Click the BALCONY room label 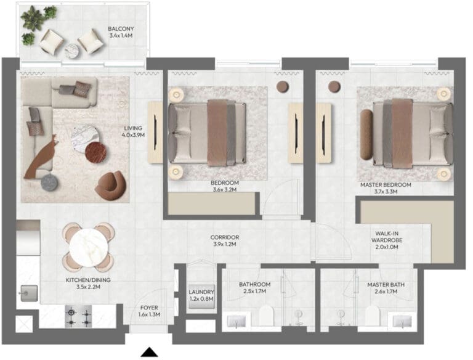(121, 29)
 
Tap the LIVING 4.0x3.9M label (133, 132)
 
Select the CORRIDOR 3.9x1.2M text (225, 240)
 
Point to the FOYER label (149, 308)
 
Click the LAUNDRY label (201, 292)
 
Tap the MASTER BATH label (386, 285)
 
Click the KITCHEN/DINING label (88, 280)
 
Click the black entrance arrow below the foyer (149, 353)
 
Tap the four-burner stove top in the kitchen (78, 316)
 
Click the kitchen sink (29, 293)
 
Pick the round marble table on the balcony (73, 51)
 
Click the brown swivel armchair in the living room (110, 186)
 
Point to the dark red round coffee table (95, 152)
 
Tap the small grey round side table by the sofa (49, 182)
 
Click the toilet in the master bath (372, 315)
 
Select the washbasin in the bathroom (236, 322)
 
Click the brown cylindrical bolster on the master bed (366, 135)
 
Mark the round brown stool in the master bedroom (334, 86)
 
